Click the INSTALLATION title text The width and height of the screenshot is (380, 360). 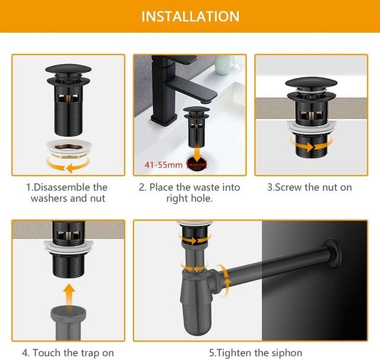[190, 16]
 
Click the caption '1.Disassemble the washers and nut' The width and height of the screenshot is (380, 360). [68, 193]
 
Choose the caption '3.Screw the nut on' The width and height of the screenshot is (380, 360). [309, 188]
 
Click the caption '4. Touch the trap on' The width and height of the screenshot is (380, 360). [68, 353]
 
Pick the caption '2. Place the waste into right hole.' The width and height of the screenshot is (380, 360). [189, 193]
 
